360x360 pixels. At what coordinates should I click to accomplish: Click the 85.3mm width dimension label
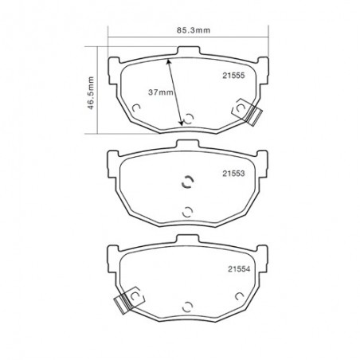[x=194, y=30]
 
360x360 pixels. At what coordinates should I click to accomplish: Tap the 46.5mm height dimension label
[x=91, y=93]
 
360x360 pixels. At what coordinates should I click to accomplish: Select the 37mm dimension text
[x=161, y=92]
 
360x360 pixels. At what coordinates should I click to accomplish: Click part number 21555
[x=233, y=76]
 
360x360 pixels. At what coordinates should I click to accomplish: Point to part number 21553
[x=233, y=174]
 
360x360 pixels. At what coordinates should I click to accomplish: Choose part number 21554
[x=239, y=269]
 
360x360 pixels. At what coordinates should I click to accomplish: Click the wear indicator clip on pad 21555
[x=248, y=111]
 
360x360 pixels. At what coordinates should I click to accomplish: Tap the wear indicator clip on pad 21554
[x=129, y=300]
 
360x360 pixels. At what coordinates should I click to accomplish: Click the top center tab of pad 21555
[x=188, y=51]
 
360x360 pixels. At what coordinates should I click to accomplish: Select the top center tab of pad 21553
[x=188, y=144]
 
